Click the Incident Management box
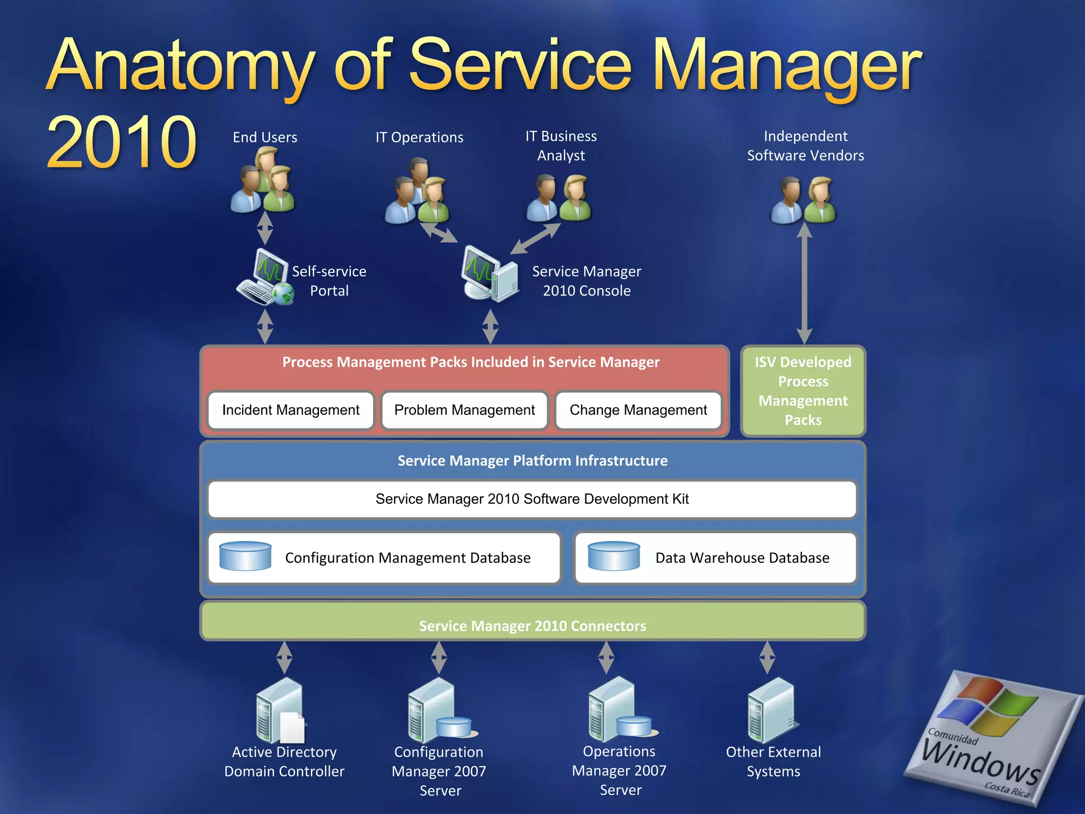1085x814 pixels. (x=291, y=410)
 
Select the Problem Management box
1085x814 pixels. (x=464, y=410)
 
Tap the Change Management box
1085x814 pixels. (x=638, y=410)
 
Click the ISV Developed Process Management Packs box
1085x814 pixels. (x=803, y=391)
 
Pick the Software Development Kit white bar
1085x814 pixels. (x=532, y=499)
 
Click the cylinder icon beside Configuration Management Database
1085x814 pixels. (x=245, y=556)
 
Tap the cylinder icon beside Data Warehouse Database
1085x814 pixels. (x=614, y=556)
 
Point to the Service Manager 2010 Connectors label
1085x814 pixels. (x=532, y=625)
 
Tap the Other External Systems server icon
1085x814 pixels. (x=771, y=710)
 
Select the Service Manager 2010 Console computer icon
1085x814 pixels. (x=490, y=274)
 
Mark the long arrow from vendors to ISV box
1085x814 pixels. (x=804, y=284)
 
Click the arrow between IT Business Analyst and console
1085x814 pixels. (x=535, y=238)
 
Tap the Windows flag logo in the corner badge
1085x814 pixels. (x=991, y=707)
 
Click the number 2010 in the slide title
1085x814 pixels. (x=122, y=142)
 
